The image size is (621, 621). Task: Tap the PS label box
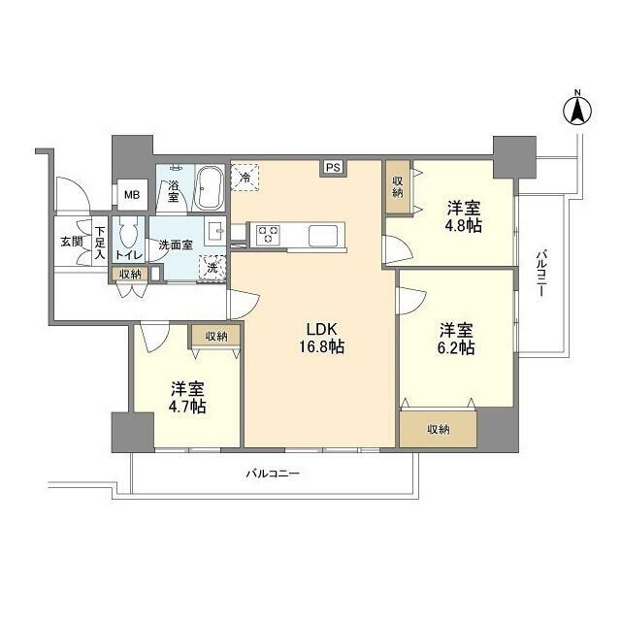333,168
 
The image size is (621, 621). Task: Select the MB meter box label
130,196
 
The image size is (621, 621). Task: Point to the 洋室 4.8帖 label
464,216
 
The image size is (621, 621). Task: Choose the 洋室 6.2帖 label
455,339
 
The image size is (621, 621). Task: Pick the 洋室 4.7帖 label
185,397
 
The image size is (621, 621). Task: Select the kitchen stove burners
269,234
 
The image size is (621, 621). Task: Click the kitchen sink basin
324,234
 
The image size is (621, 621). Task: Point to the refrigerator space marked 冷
246,177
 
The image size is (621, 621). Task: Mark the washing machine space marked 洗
214,267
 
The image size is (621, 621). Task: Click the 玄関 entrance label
71,242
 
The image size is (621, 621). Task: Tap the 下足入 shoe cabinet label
100,243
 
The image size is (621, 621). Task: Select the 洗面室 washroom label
176,245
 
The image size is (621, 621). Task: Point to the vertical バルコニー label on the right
542,276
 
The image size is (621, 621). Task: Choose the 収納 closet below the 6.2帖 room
438,428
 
